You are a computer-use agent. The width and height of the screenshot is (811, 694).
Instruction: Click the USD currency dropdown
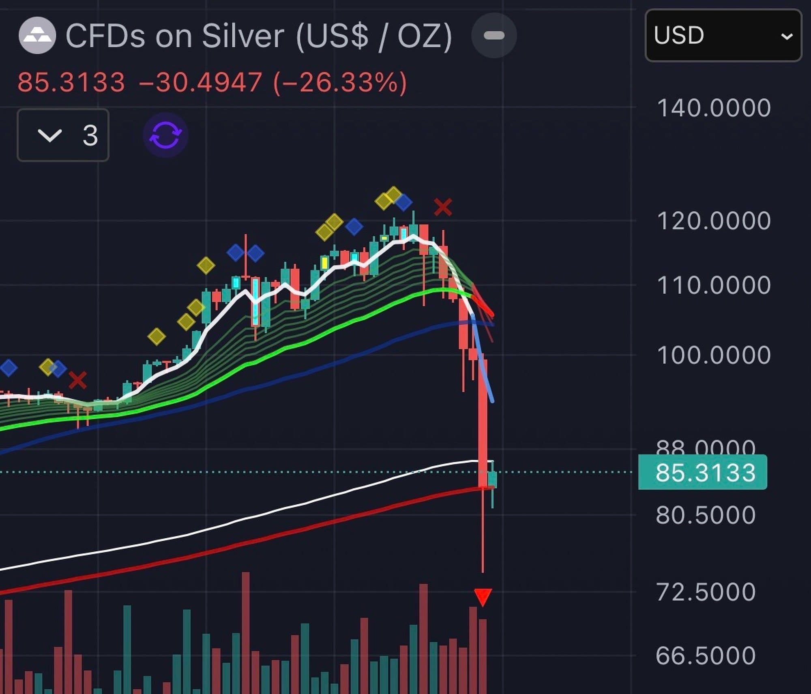coord(723,36)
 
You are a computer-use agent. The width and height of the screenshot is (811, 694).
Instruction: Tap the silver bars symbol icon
coord(37,36)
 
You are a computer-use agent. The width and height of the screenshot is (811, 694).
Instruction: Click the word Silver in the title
coord(243,36)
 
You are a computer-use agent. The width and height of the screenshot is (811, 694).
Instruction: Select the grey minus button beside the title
coord(494,36)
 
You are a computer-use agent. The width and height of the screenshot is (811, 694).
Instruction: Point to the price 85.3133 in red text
coord(71,82)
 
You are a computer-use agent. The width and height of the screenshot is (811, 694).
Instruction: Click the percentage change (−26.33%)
coord(340,82)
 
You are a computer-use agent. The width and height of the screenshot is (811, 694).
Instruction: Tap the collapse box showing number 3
coord(63,135)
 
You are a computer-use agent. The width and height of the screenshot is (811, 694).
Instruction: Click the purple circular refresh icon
coord(165,135)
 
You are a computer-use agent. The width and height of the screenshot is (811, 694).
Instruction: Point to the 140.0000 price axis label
coord(714,108)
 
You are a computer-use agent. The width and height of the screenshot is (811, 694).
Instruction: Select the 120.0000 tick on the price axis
coord(714,221)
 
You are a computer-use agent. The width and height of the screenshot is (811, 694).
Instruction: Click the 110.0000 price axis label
coord(714,285)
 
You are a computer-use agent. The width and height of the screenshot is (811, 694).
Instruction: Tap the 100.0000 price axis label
coord(714,355)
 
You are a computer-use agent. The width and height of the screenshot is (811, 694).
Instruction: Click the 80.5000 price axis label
coord(706,515)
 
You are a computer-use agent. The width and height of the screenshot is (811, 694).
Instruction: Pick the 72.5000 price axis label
coord(706,592)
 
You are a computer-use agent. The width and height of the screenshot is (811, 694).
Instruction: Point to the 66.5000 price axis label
coord(706,655)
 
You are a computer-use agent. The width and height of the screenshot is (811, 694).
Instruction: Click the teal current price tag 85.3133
coord(703,472)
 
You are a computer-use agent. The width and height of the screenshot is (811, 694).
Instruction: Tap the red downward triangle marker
coord(483,597)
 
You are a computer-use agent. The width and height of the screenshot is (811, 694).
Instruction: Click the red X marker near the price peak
coord(442,207)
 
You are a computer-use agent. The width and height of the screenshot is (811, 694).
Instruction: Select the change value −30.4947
coord(201,82)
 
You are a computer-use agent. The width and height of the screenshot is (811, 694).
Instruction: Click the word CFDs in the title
coord(105,36)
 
